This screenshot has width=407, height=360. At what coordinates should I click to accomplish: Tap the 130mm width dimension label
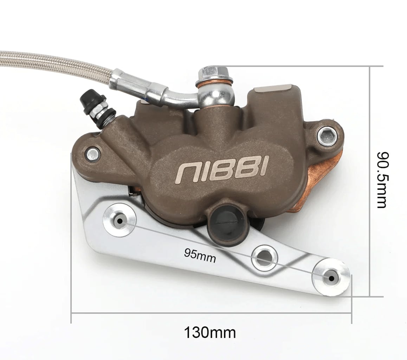pos(210,333)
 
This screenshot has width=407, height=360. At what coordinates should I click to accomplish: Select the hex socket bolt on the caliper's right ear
pos(327,136)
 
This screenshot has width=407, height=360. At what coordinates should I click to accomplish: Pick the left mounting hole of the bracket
pos(119,220)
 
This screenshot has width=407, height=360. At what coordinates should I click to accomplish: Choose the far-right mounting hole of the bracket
pos(331,278)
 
